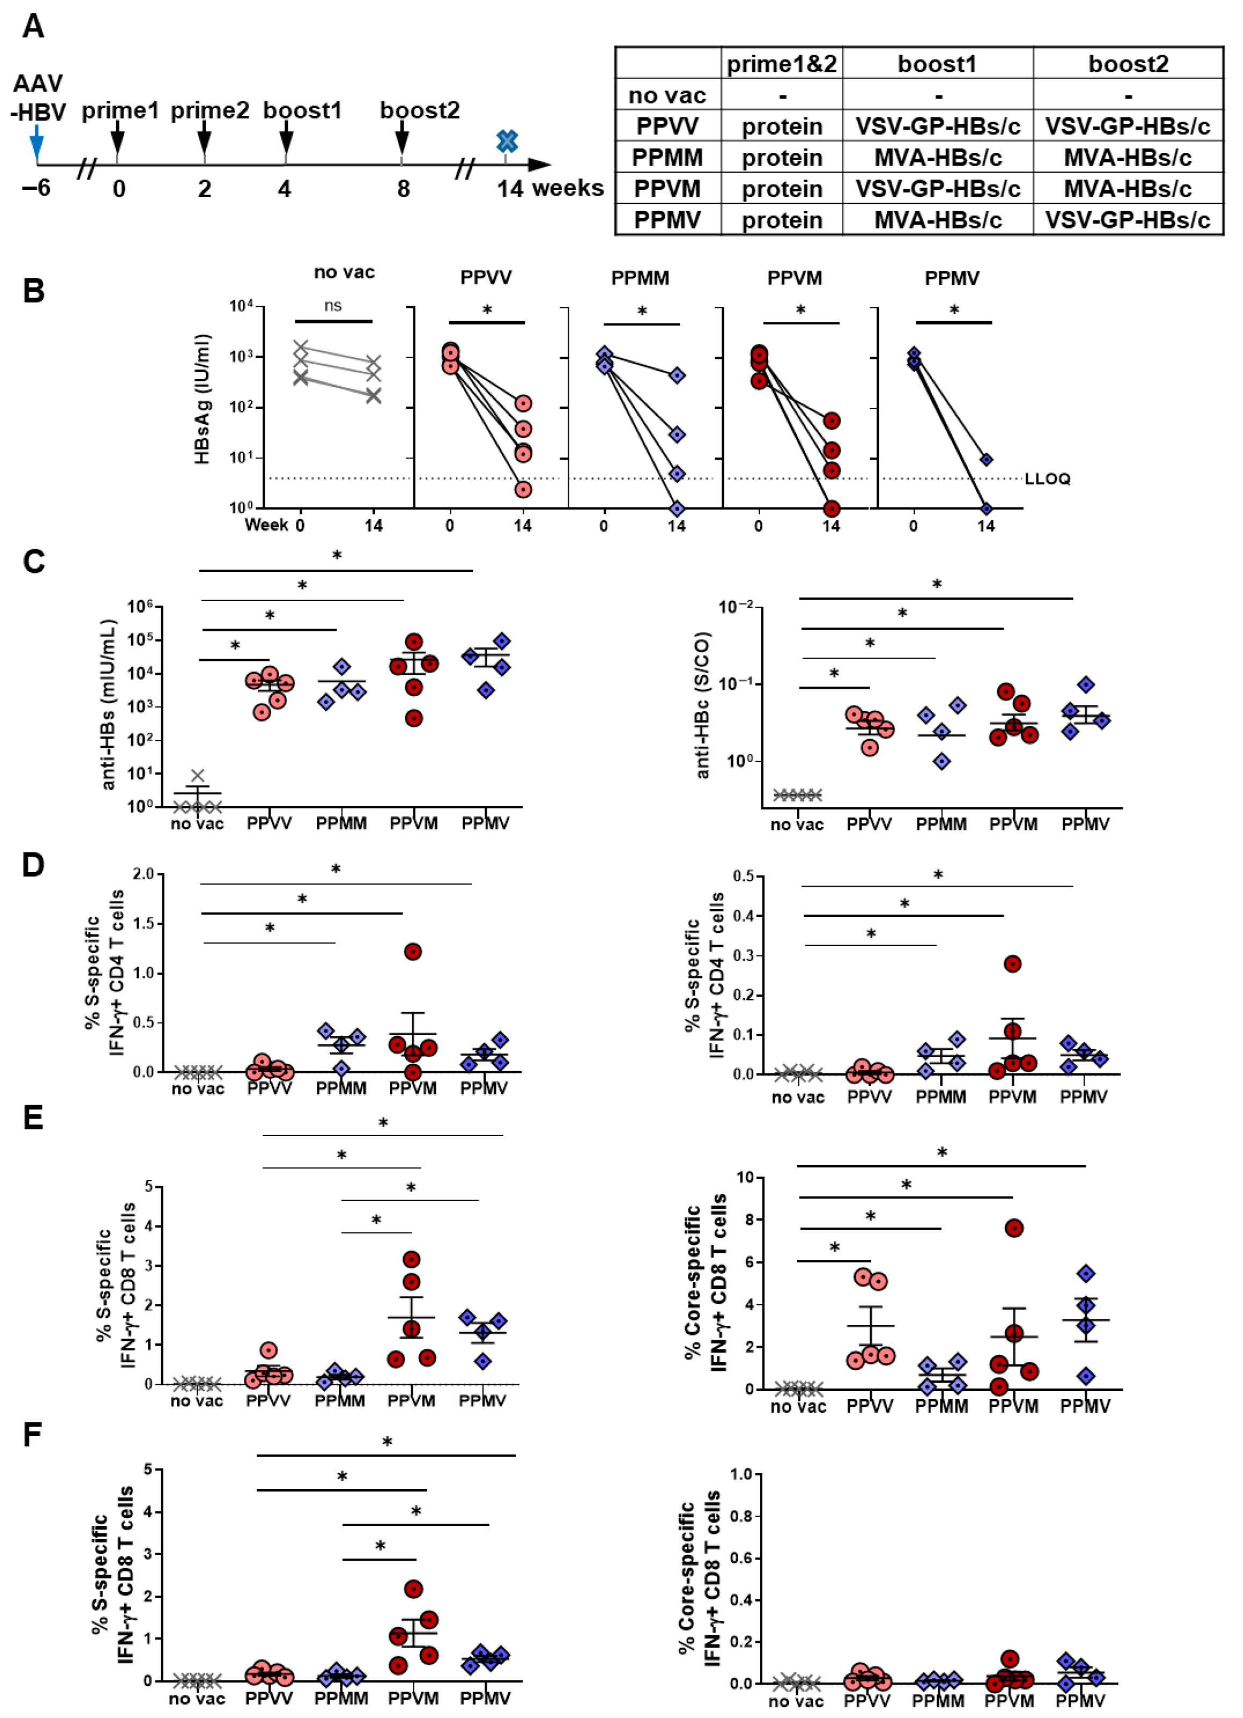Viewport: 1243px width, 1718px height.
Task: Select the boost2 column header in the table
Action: click(1128, 63)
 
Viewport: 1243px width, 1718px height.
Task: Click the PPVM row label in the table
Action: click(667, 189)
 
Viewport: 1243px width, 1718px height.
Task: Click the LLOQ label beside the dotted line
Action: click(1048, 479)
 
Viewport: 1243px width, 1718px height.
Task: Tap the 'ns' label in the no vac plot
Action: click(333, 306)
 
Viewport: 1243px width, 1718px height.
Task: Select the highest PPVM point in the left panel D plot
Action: click(412, 951)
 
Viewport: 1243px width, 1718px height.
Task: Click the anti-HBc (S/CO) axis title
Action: click(702, 704)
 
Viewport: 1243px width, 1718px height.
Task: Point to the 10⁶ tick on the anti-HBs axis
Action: click(140, 607)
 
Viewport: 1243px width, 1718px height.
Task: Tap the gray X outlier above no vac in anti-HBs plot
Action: click(198, 776)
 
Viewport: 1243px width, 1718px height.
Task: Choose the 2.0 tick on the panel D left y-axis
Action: click(143, 874)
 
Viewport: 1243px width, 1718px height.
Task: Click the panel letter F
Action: click(32, 1434)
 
